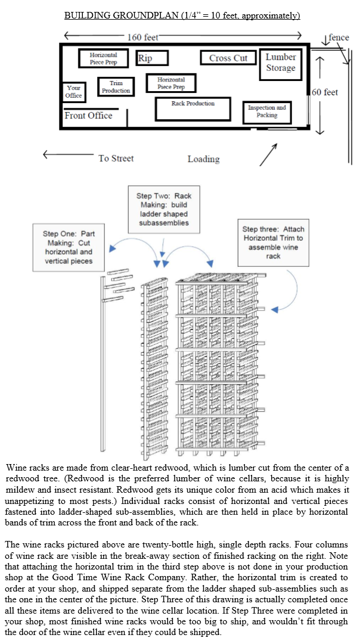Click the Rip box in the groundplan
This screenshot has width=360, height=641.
pyautogui.click(x=153, y=58)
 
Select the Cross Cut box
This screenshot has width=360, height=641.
pyautogui.click(x=228, y=58)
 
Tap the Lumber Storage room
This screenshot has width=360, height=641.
pyautogui.click(x=280, y=63)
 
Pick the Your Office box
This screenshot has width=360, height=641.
pyautogui.click(x=74, y=91)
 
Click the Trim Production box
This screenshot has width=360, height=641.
pyautogui.click(x=116, y=87)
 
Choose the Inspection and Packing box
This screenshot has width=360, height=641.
pyautogui.click(x=266, y=111)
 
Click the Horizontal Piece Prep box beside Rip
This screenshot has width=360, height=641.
pyautogui.click(x=103, y=58)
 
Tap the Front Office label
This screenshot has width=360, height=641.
pyautogui.click(x=88, y=116)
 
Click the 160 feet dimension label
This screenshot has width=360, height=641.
pyautogui.click(x=142, y=38)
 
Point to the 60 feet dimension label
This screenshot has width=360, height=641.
pyautogui.click(x=325, y=92)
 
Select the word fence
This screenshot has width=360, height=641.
pyautogui.click(x=339, y=38)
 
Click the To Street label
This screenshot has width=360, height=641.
pyautogui.click(x=116, y=158)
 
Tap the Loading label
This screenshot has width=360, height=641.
pyautogui.click(x=203, y=159)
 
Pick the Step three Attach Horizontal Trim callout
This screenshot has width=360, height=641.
pyautogui.click(x=273, y=242)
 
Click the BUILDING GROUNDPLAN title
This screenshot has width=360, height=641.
pyautogui.click(x=182, y=15)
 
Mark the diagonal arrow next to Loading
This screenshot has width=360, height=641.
pyautogui.click(x=268, y=154)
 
